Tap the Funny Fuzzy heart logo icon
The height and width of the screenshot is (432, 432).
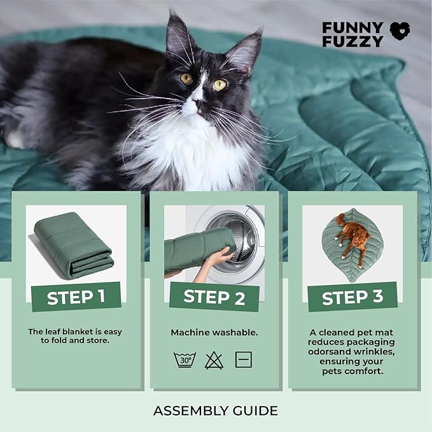pyautogui.click(x=400, y=31)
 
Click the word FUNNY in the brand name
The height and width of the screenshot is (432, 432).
pyautogui.click(x=352, y=27)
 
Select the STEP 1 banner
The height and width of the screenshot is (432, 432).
pyautogui.click(x=76, y=296)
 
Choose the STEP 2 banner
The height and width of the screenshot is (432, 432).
pyautogui.click(x=214, y=297)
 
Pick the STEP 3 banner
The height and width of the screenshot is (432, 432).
pyautogui.click(x=352, y=296)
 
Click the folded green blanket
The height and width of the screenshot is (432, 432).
pyautogui.click(x=74, y=245)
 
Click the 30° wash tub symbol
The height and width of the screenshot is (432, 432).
pyautogui.click(x=185, y=359)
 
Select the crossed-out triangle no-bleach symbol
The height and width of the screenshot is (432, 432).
pyautogui.click(x=214, y=360)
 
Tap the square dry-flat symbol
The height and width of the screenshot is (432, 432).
pyautogui.click(x=244, y=359)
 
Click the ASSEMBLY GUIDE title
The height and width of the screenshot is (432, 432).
pyautogui.click(x=216, y=411)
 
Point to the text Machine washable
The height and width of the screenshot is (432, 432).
pyautogui.click(x=214, y=333)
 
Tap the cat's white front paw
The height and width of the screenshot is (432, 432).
pyautogui.click(x=14, y=139)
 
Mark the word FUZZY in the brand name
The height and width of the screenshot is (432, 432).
pyautogui.click(x=352, y=41)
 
